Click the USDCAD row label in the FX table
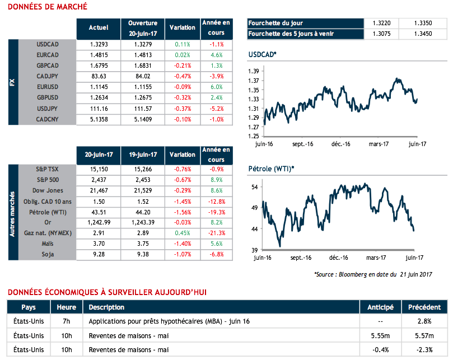[48, 44]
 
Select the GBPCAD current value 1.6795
[99, 66]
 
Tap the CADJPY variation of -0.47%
[183, 76]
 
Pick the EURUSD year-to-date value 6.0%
[216, 87]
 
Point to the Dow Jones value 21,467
[99, 191]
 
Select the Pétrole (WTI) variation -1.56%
[183, 212]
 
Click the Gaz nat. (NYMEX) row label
[48, 233]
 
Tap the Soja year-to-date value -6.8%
[216, 254]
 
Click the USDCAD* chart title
[262, 54]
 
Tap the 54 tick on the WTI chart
[254, 187]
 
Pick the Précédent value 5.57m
[420, 335]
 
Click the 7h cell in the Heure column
[67, 321]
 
